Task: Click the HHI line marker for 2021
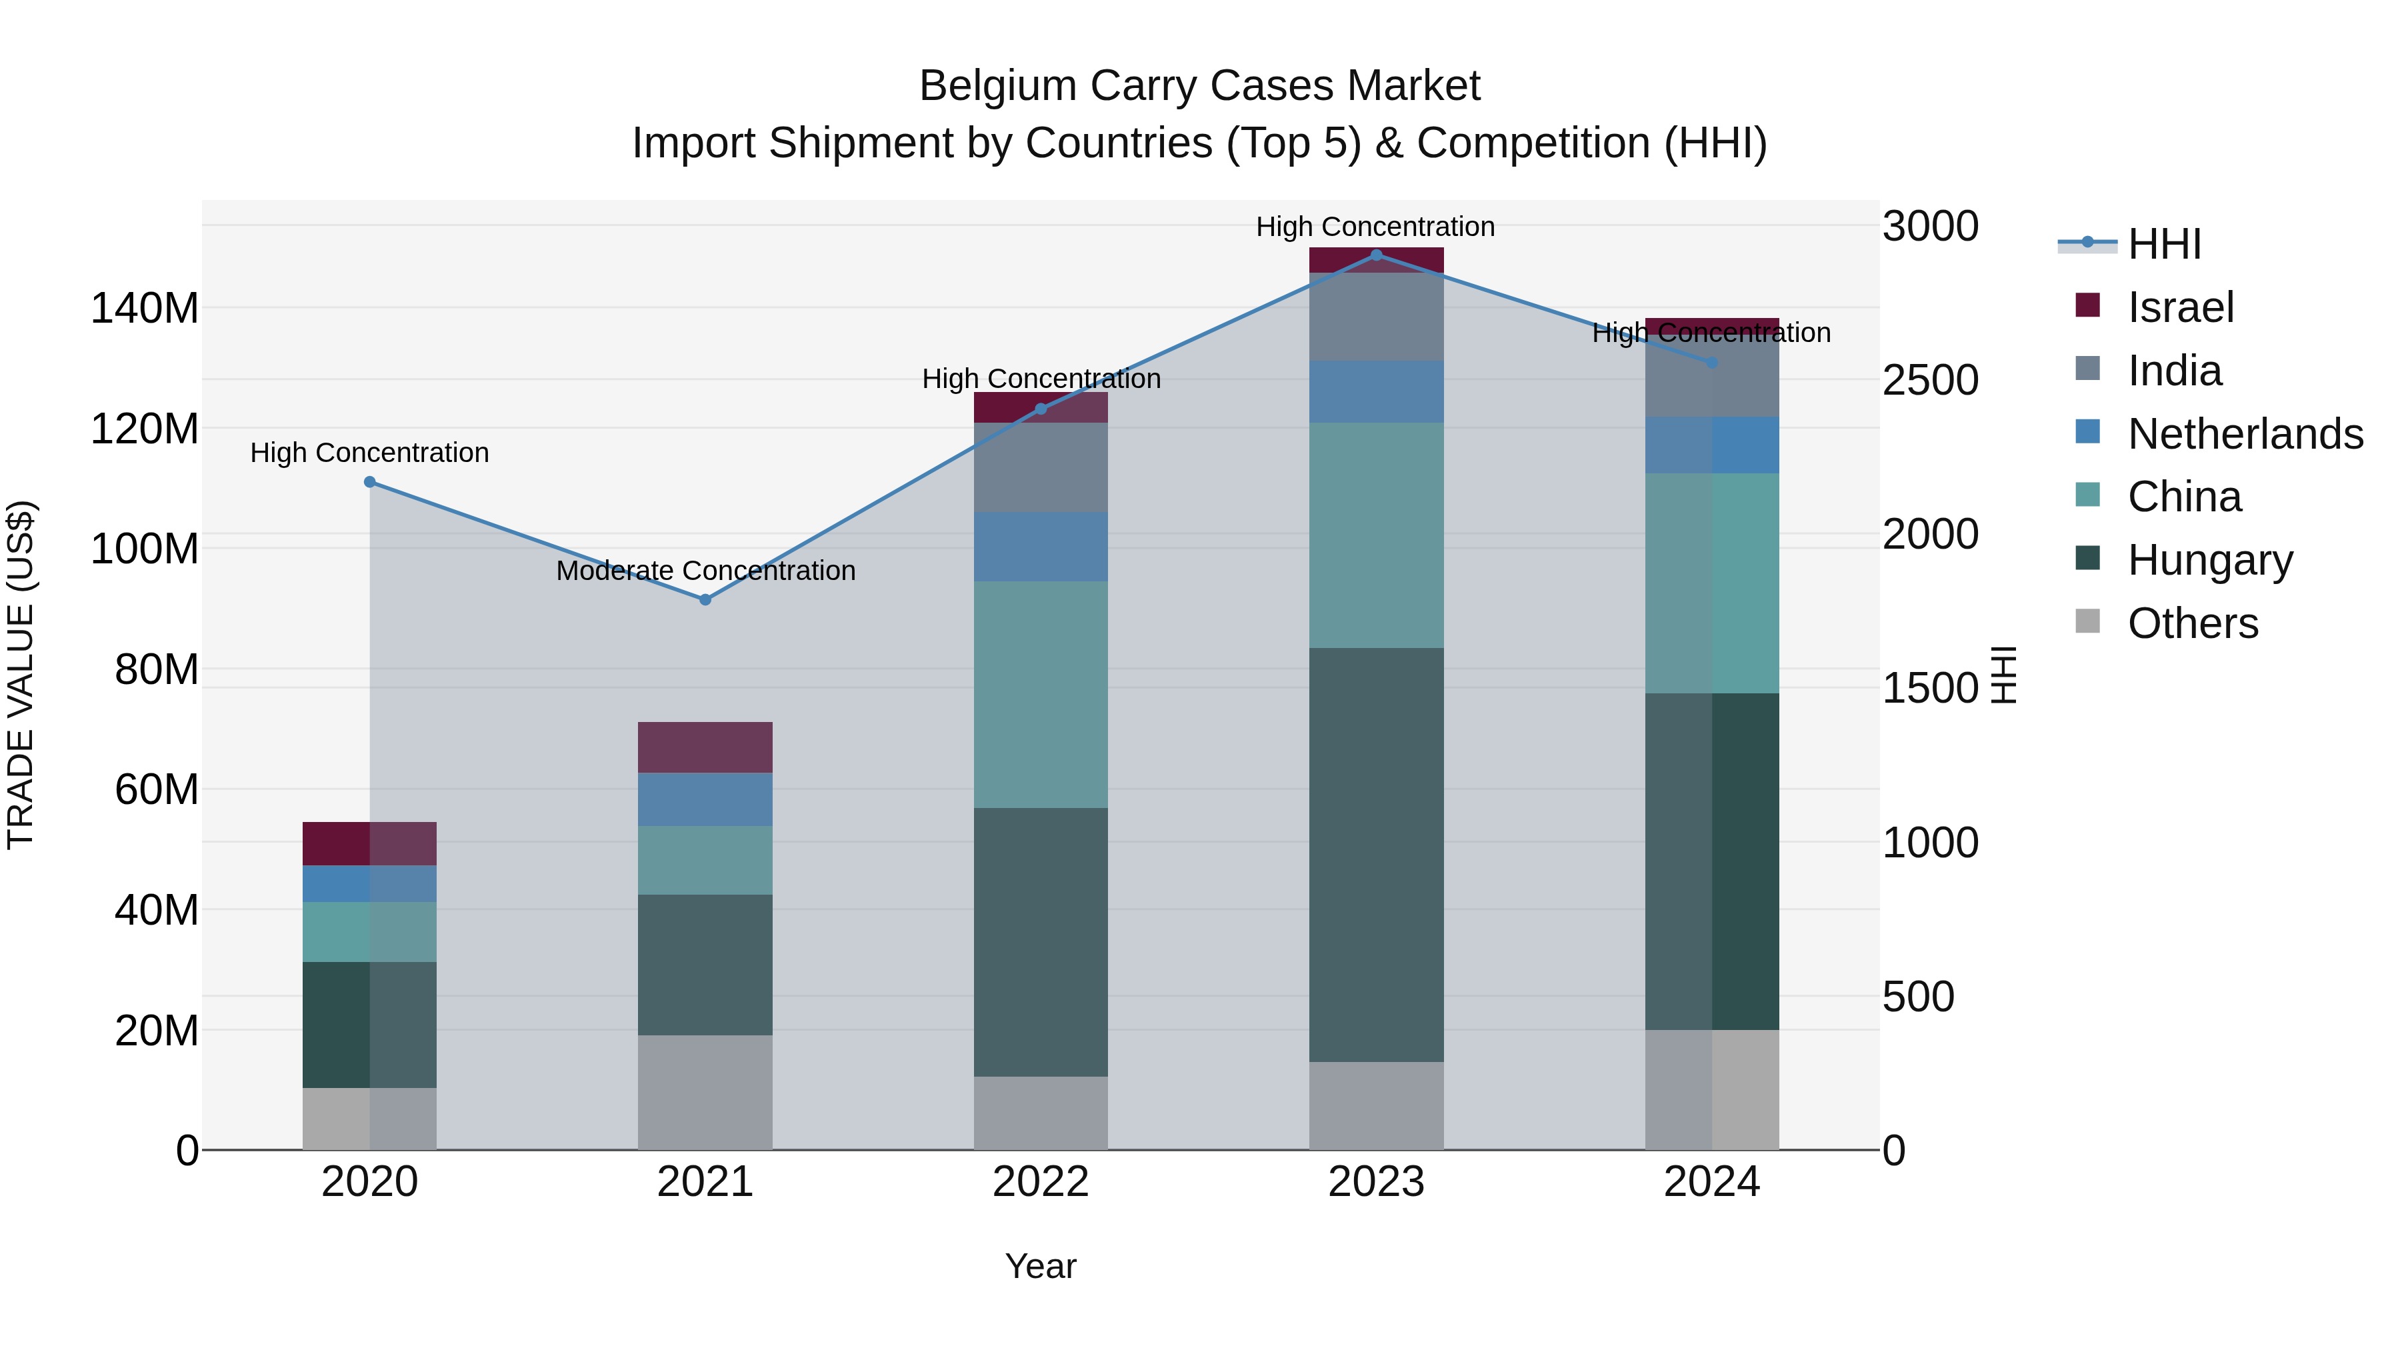705,600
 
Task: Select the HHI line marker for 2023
1376,255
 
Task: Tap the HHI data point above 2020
370,482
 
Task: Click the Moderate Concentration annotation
705,570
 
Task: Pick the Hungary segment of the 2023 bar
1376,855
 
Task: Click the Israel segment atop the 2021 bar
705,747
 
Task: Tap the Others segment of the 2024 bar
1711,1089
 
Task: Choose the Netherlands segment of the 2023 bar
1376,391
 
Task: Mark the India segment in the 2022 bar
1041,467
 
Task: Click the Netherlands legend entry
2245,434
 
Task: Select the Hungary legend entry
2209,560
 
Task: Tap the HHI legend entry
2163,244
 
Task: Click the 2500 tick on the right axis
1929,380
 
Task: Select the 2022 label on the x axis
1041,1182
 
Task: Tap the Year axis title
1041,1266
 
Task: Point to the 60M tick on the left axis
157,789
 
